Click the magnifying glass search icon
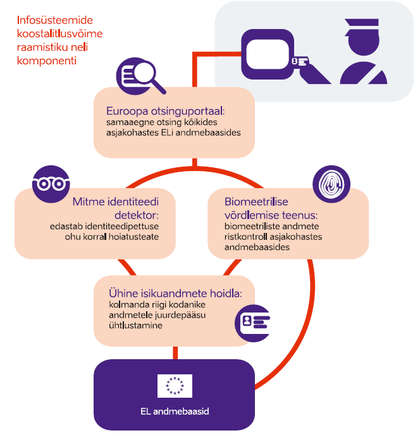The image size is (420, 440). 140,76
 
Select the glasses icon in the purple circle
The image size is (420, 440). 51,184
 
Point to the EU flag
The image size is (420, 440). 175,385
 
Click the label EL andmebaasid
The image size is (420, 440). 175,412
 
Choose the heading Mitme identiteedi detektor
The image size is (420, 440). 115,208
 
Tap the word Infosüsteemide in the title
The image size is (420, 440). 51,20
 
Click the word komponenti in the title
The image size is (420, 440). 46,61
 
